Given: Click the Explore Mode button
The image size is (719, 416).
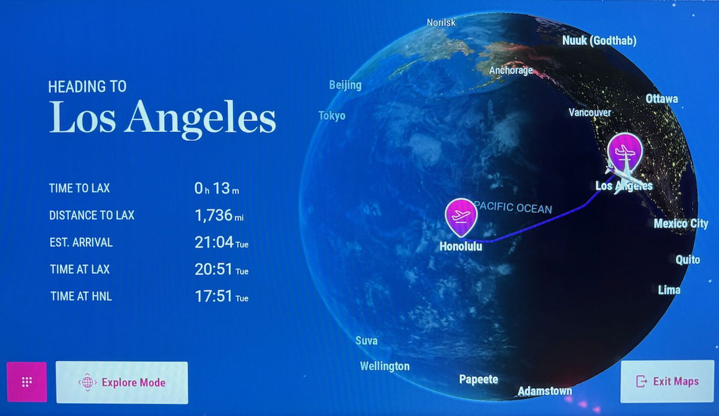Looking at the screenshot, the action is (x=122, y=382).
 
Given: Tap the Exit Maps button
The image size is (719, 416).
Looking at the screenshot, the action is (x=667, y=381).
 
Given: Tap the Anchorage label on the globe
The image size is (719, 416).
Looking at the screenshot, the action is (x=510, y=70).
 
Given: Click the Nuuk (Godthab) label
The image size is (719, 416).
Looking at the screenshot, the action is (x=599, y=41).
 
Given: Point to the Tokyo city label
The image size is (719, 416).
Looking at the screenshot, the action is (x=332, y=116).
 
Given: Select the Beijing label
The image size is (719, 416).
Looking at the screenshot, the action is (x=345, y=85).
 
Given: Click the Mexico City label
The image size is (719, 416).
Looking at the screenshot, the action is (x=681, y=224).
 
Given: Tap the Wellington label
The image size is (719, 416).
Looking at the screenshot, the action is (x=385, y=366).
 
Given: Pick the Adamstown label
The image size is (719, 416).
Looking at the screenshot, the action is (x=545, y=391).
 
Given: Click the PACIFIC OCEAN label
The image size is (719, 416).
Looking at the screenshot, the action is (x=513, y=207).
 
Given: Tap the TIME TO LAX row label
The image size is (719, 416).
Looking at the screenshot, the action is (x=79, y=188).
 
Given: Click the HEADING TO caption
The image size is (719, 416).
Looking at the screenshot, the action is (x=87, y=87).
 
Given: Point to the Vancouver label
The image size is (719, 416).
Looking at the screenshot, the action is (x=590, y=113).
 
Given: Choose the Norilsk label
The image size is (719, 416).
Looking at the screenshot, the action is (x=441, y=23).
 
